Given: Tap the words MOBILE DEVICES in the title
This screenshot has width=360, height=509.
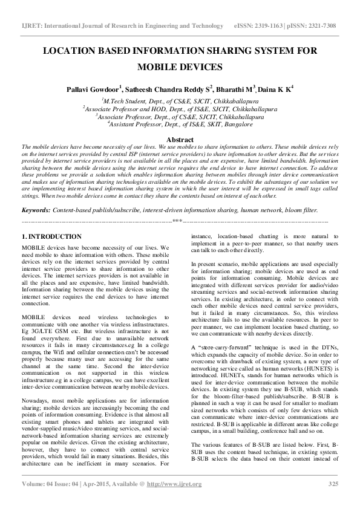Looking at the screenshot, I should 180,67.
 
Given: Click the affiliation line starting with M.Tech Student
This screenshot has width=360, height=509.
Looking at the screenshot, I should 180,102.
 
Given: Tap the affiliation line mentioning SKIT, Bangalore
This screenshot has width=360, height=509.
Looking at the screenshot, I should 180,123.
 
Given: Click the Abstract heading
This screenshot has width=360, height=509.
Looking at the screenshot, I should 179,140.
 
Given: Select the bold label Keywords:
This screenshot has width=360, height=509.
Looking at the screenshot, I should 36,210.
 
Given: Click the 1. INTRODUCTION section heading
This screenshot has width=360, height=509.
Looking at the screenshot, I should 51,236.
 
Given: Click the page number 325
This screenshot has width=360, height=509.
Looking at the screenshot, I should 333,484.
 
